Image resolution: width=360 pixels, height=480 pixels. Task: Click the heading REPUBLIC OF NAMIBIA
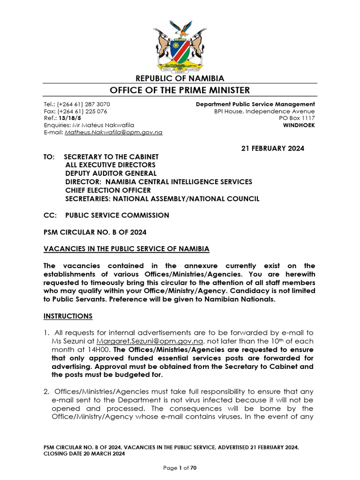coord(180,78)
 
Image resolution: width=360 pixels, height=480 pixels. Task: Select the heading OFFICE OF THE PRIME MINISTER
coord(180,90)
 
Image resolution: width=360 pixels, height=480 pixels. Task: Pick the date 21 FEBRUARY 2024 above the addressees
coord(272,149)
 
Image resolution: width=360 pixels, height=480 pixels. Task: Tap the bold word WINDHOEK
coord(299,125)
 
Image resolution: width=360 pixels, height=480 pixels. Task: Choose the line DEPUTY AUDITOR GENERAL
coord(111,173)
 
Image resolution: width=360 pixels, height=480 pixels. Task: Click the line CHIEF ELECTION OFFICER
coord(108,190)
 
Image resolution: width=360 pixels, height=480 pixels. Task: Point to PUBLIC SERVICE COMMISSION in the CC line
coord(117,216)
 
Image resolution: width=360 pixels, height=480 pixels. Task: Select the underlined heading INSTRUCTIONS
coord(68,316)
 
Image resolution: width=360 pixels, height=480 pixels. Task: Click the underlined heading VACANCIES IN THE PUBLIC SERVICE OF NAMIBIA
coord(127,248)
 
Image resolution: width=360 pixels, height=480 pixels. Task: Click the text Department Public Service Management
coord(255,104)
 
